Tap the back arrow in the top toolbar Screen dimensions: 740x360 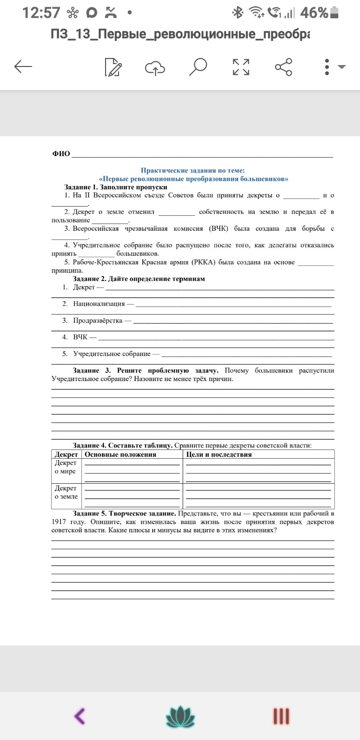pos(23,67)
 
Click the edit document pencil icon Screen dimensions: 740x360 pos(113,67)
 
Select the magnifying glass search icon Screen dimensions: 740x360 pos(198,67)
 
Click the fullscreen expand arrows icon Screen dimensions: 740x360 pos(241,67)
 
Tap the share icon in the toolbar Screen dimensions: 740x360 pos(283,67)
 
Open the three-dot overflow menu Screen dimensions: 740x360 pos(327,67)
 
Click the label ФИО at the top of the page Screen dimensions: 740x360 pos(61,154)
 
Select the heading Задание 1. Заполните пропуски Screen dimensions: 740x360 pos(116,187)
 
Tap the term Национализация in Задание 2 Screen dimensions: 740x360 pos(99,304)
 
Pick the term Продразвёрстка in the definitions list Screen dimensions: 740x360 pos(98,320)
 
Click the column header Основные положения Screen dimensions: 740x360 pos(120,454)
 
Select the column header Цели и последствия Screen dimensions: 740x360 pos(219,454)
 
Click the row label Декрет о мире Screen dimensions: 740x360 pos(66,467)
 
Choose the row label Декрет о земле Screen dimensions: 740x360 pos(66,492)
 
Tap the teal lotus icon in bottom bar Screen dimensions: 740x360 pos(180,716)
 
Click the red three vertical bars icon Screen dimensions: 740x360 pos(281,716)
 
